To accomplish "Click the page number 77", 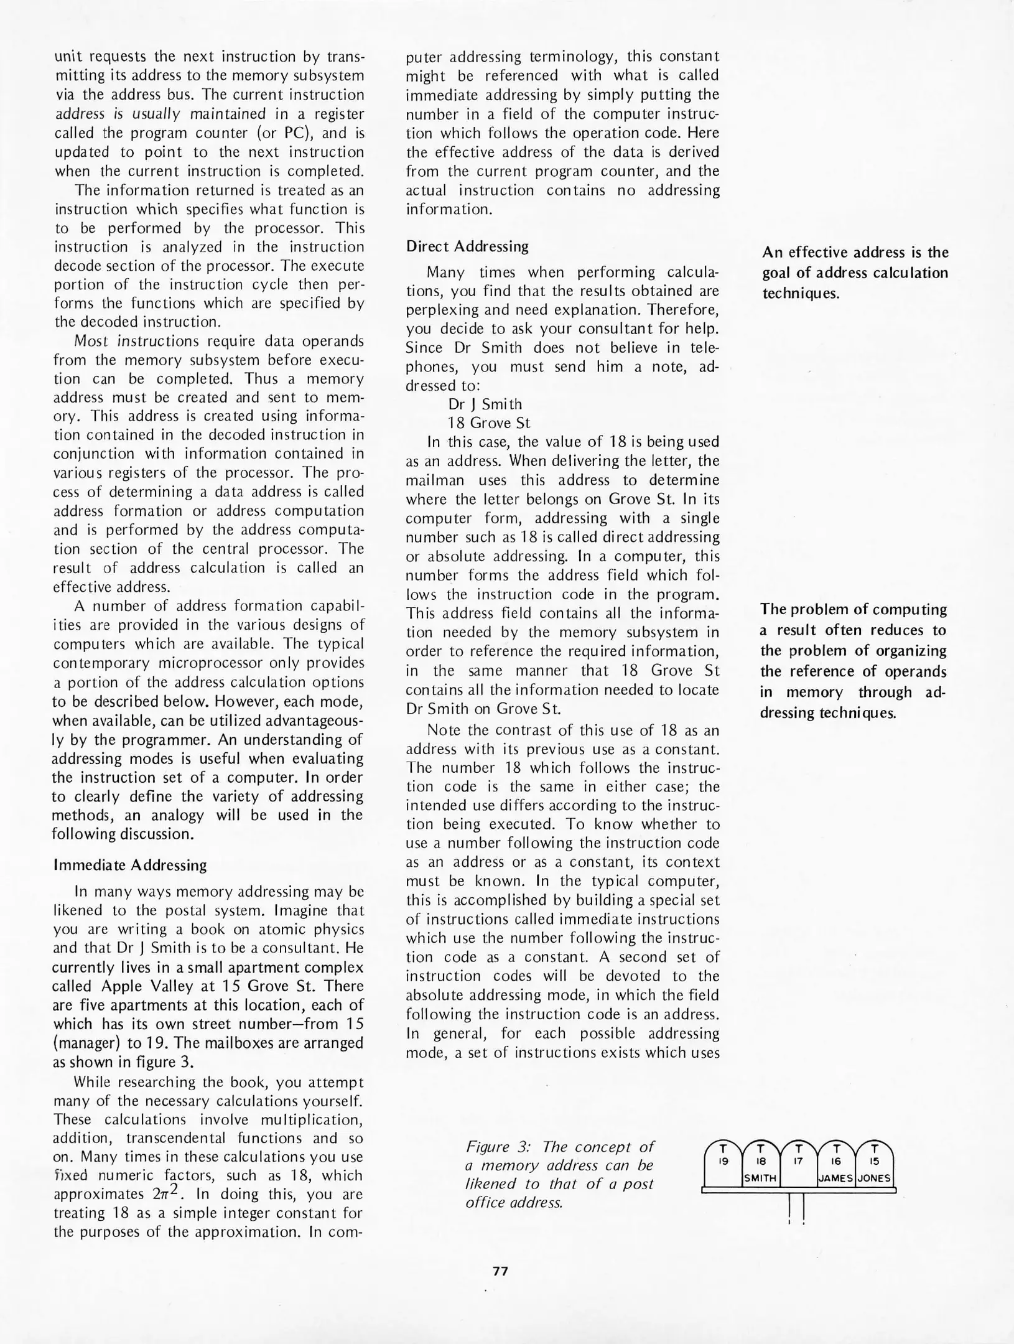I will click(x=500, y=1272).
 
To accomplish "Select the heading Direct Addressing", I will click(x=467, y=246).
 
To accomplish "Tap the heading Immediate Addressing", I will click(x=130, y=865).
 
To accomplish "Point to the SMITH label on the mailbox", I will click(x=760, y=1178).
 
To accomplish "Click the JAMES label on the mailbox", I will click(x=836, y=1178).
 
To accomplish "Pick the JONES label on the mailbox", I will click(x=874, y=1178).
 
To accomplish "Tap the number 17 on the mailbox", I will click(x=799, y=1160).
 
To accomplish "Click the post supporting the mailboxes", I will click(x=797, y=1209).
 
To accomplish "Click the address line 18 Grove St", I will click(x=489, y=423).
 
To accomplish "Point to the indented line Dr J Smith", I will click(x=485, y=404).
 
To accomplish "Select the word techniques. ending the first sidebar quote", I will click(x=801, y=294).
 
